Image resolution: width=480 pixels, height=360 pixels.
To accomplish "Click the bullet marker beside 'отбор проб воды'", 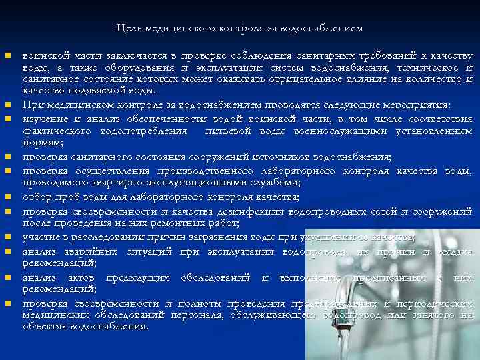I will click(7, 197).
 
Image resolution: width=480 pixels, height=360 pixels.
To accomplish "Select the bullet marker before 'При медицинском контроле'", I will click(7, 105).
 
